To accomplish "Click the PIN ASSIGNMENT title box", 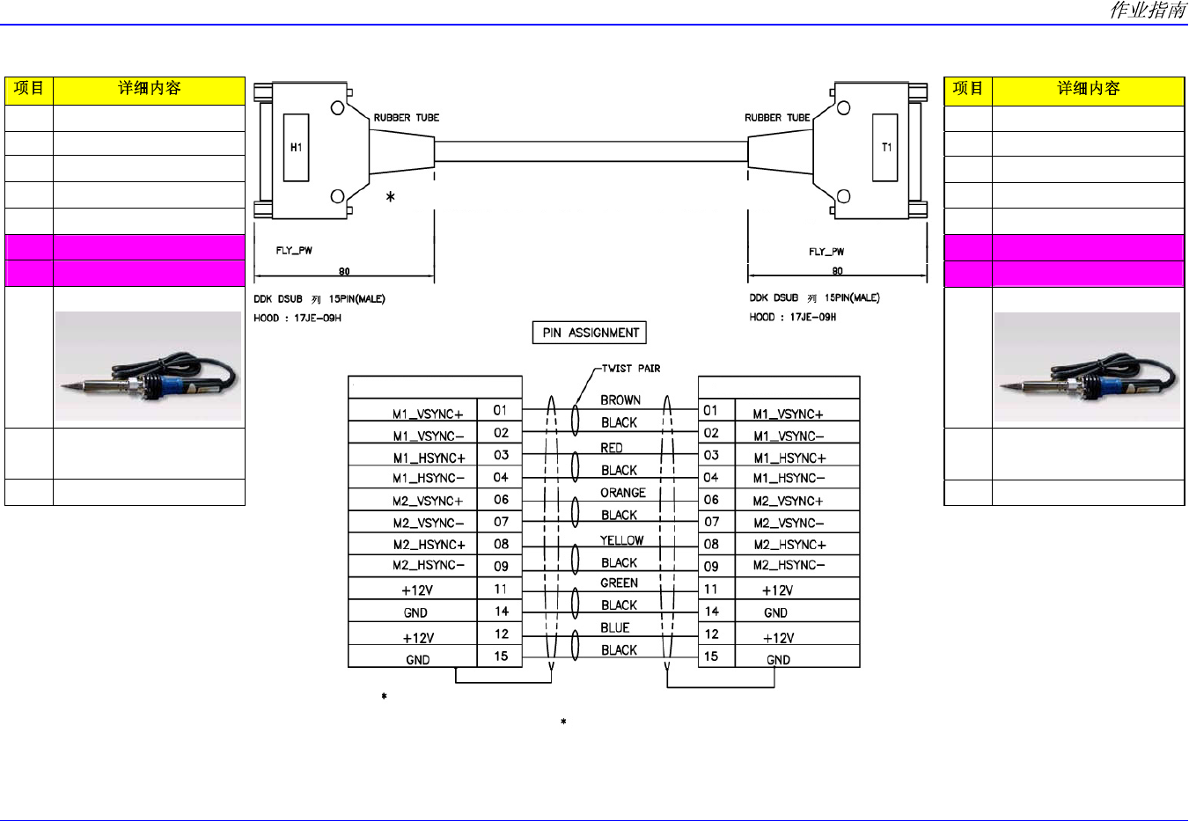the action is [589, 333].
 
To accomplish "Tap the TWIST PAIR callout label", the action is [631, 369].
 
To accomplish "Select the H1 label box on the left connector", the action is [297, 148].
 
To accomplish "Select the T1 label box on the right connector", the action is [885, 148].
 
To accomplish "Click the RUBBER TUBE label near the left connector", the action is [407, 117].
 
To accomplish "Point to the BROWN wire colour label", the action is [620, 400].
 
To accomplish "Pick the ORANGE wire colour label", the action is [622, 493].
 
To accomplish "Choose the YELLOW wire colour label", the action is [621, 540].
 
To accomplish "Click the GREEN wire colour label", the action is [619, 583].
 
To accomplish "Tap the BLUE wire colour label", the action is [614, 627].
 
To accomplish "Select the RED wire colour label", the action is [612, 448].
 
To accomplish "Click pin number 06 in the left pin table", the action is [501, 500].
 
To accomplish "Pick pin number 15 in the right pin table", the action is [711, 656].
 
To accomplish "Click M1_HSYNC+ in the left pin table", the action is [429, 458].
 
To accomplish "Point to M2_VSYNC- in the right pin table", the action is [789, 523].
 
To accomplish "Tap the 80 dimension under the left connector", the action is [344, 271].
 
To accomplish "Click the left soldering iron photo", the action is [148, 366].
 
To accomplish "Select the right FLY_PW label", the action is [826, 251].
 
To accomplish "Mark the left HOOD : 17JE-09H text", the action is [297, 318].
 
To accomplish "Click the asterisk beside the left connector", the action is [390, 197].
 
